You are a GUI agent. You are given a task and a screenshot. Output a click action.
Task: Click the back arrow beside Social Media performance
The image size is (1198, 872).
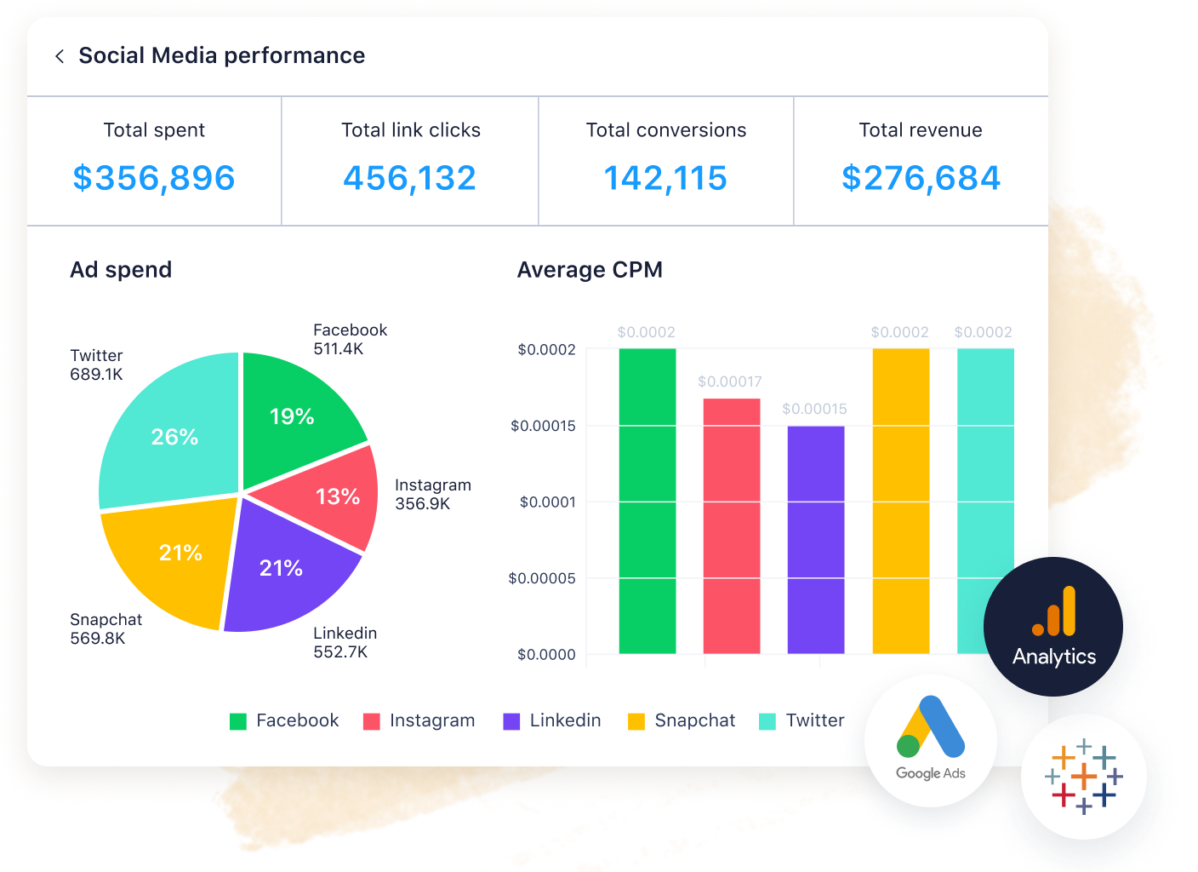(x=60, y=56)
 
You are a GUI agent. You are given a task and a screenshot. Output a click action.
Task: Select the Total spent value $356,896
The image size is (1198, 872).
(x=154, y=178)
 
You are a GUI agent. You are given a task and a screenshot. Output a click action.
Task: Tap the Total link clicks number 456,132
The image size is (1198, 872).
(x=410, y=178)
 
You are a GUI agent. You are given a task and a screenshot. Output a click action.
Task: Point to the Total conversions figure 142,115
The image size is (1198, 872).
(x=665, y=178)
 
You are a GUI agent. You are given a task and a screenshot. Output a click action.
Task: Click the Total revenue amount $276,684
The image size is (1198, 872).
(x=921, y=178)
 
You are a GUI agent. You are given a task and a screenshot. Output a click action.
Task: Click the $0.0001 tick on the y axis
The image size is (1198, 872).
(x=548, y=502)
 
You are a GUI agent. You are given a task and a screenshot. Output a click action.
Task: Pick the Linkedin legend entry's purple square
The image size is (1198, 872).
(x=511, y=721)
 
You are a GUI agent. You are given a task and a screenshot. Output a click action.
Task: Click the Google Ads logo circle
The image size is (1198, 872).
(x=931, y=740)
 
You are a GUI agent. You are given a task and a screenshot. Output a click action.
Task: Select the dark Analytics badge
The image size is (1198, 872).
(x=1053, y=627)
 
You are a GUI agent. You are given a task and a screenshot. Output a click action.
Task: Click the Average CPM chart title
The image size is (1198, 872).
(x=590, y=270)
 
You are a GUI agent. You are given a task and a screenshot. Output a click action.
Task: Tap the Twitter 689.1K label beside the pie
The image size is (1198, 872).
(x=96, y=364)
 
